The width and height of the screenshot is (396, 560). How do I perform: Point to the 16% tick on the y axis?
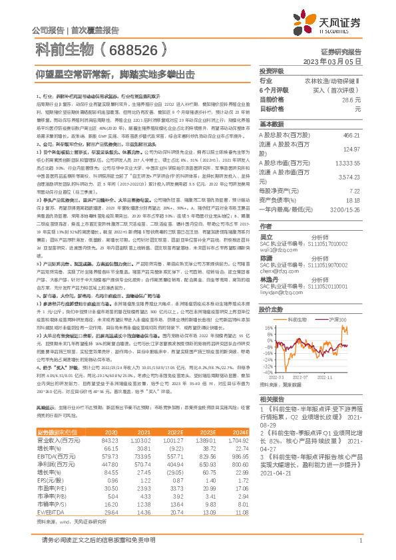269,328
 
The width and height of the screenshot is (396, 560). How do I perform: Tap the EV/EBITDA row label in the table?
48,495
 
